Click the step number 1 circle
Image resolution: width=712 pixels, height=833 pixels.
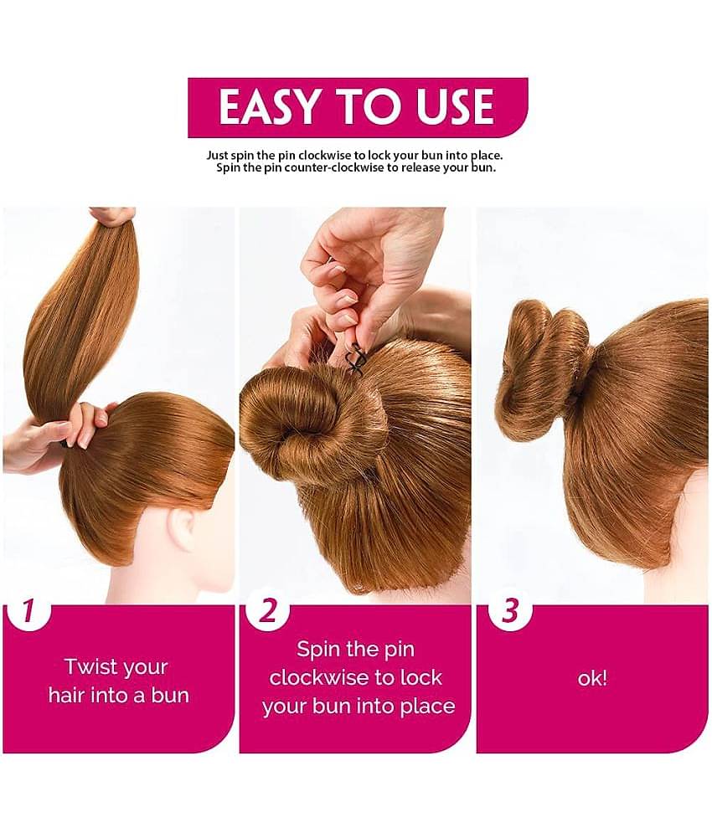[28, 611]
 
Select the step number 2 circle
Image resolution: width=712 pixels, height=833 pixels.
[267, 611]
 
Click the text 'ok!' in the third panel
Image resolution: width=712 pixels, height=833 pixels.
[591, 678]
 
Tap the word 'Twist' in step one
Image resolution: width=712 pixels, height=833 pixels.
[90, 667]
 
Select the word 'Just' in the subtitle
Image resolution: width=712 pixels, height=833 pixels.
[219, 155]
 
